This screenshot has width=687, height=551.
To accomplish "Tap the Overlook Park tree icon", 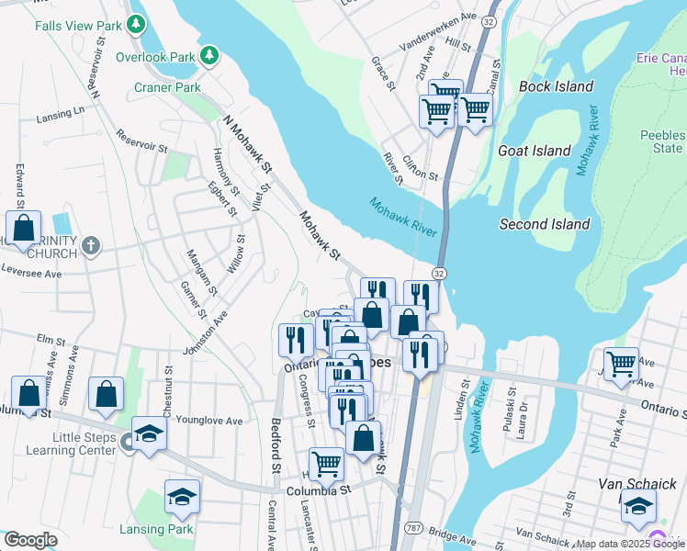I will (x=210, y=56).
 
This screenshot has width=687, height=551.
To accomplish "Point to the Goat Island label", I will (x=534, y=150).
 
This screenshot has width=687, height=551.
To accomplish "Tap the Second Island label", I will (x=544, y=224).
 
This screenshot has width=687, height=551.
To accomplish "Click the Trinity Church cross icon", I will (x=89, y=245).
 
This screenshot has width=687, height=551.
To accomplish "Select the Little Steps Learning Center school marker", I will (x=149, y=433).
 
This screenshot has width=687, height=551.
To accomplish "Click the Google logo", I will (x=29, y=540).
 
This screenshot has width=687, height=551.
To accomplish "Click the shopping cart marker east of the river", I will (x=621, y=365).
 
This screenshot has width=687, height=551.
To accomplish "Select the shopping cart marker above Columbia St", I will (x=326, y=465).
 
